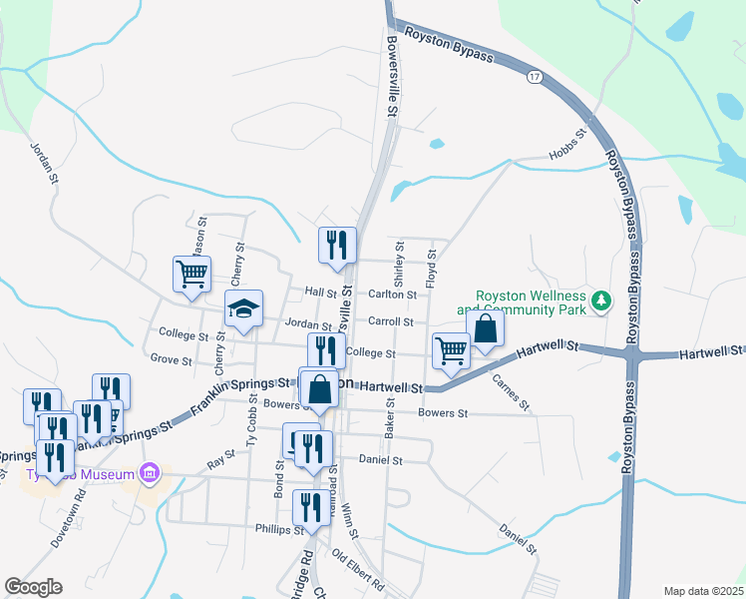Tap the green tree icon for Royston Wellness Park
(601, 299)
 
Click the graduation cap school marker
(243, 310)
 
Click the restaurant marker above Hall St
(337, 245)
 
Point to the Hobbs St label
(565, 145)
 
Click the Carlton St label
(392, 295)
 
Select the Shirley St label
(400, 261)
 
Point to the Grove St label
(171, 358)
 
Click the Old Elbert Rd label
(358, 571)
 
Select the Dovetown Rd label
(69, 517)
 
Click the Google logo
(33, 587)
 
